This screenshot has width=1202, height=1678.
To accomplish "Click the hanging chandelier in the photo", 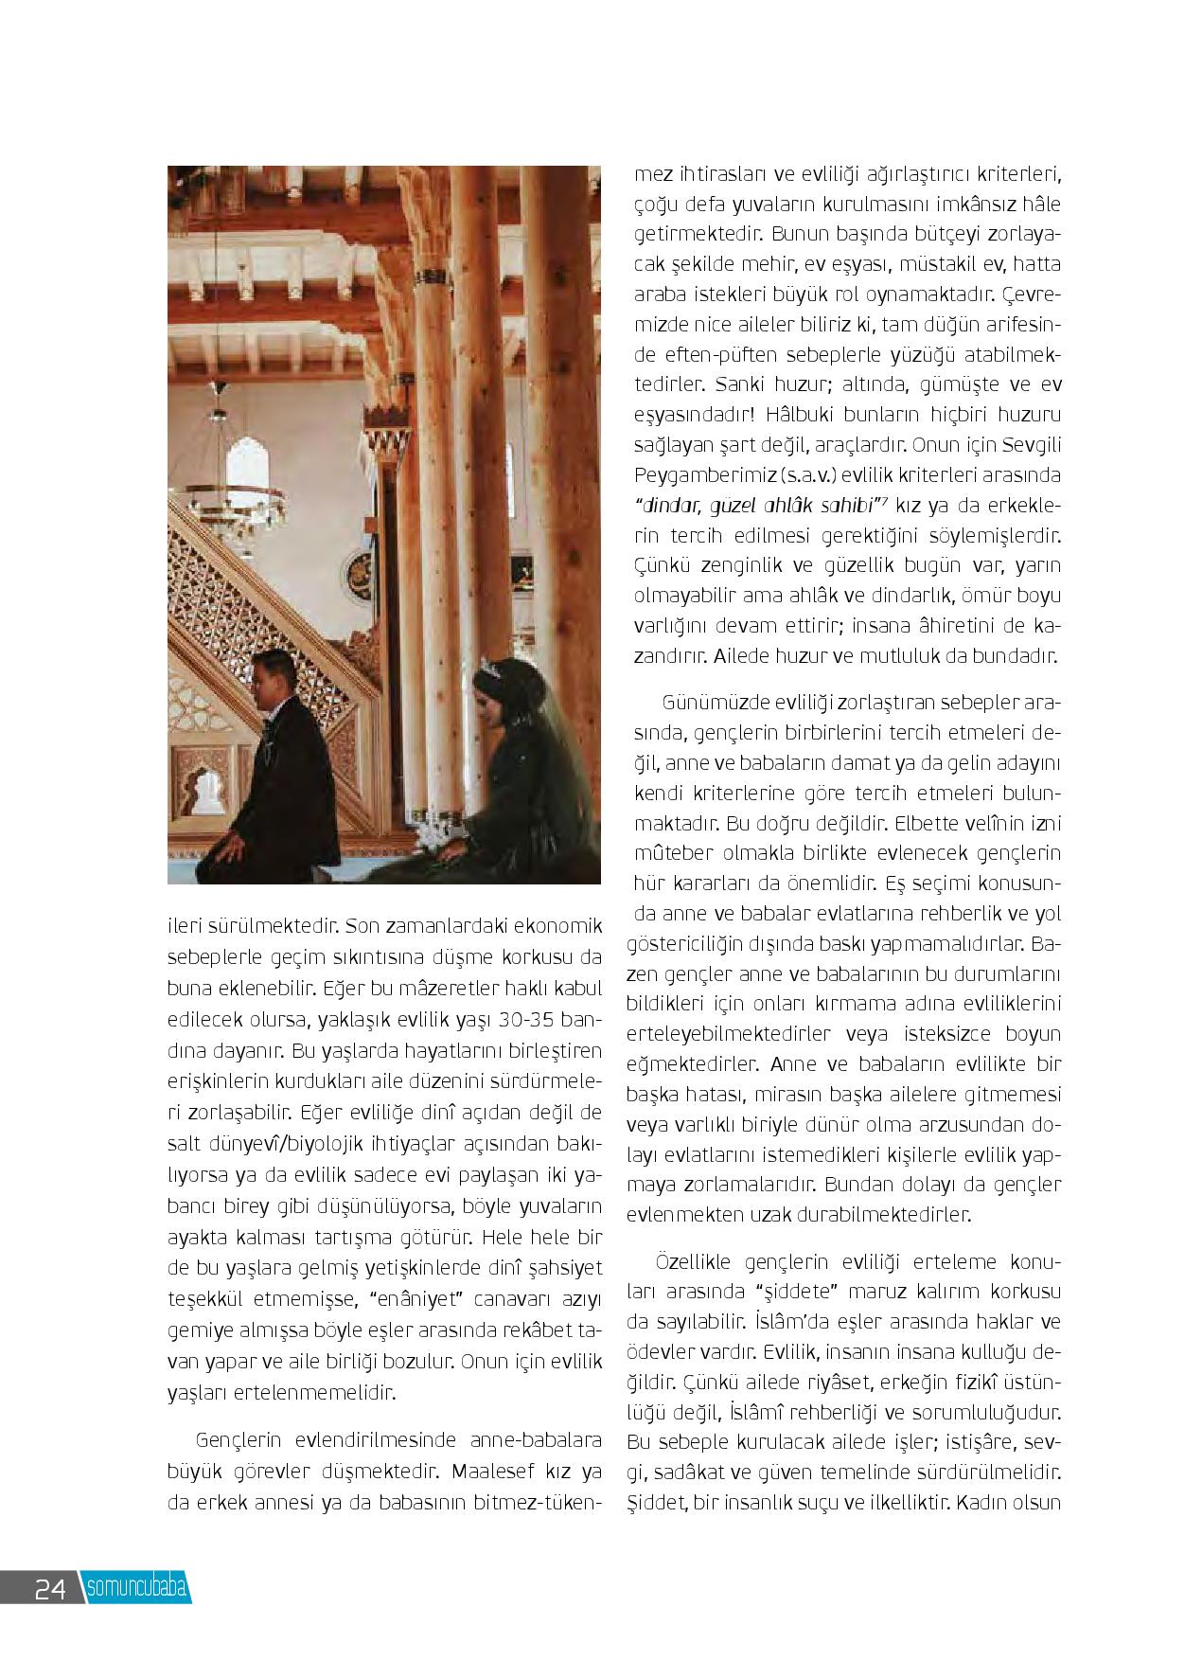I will (x=256, y=492).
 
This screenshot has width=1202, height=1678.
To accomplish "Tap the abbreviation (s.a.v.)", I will (x=802, y=474).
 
